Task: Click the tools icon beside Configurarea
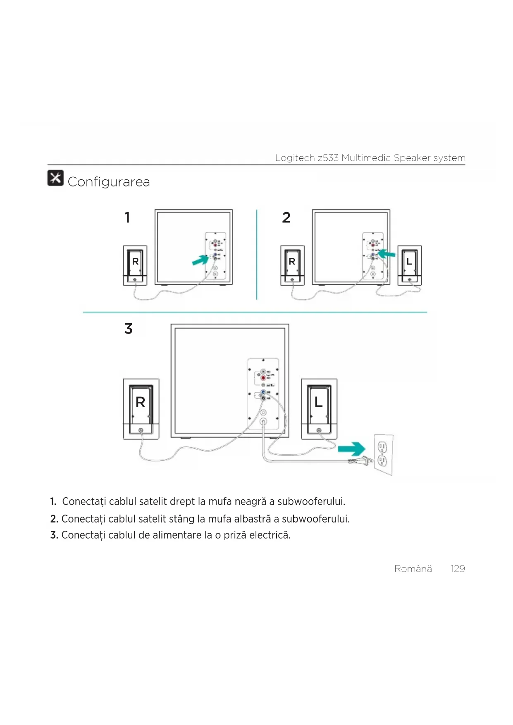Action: point(55,178)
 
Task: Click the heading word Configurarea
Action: point(109,182)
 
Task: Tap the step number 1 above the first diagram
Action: point(127,217)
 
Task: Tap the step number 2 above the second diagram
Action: point(286,217)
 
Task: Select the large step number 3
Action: point(129,329)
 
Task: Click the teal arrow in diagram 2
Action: point(387,254)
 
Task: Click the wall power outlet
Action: point(383,454)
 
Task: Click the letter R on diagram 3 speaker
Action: point(141,402)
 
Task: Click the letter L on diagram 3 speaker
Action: point(318,402)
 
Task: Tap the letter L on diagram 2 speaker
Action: point(409,262)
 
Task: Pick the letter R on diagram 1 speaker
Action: point(135,262)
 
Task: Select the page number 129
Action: point(458,569)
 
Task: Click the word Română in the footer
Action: point(413,569)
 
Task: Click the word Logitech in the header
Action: point(295,158)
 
